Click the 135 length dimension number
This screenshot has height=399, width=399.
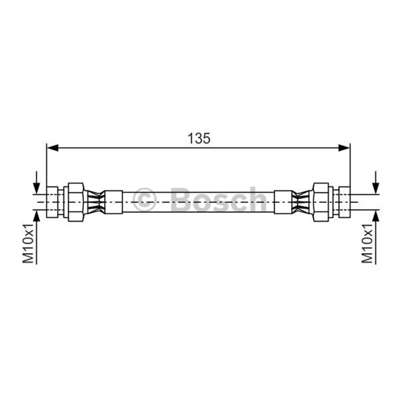199,139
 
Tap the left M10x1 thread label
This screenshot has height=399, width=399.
28,243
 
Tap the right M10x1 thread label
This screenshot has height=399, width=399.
367,243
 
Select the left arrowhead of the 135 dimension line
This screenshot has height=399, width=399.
53,148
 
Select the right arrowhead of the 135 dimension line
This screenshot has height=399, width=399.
344,148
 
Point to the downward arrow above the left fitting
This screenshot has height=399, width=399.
36,183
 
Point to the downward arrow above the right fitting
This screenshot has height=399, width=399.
376,183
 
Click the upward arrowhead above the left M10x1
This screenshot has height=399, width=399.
36,216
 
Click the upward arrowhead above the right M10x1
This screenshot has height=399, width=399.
376,216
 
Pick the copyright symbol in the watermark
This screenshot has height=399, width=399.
144,200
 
